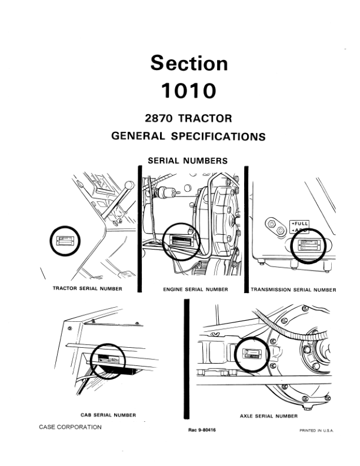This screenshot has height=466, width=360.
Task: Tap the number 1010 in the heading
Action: coord(188,91)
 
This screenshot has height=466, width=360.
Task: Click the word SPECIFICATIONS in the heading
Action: coord(218,137)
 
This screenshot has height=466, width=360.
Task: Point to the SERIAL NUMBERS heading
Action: coord(188,160)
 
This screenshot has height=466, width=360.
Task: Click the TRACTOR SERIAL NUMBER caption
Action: coord(88,289)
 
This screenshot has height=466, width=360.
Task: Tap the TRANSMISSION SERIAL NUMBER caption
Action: coord(294,290)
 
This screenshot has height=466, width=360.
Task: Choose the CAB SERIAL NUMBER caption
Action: coord(108,415)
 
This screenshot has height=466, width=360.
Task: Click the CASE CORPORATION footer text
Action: coord(70,427)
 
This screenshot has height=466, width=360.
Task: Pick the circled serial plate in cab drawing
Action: coord(107,359)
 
